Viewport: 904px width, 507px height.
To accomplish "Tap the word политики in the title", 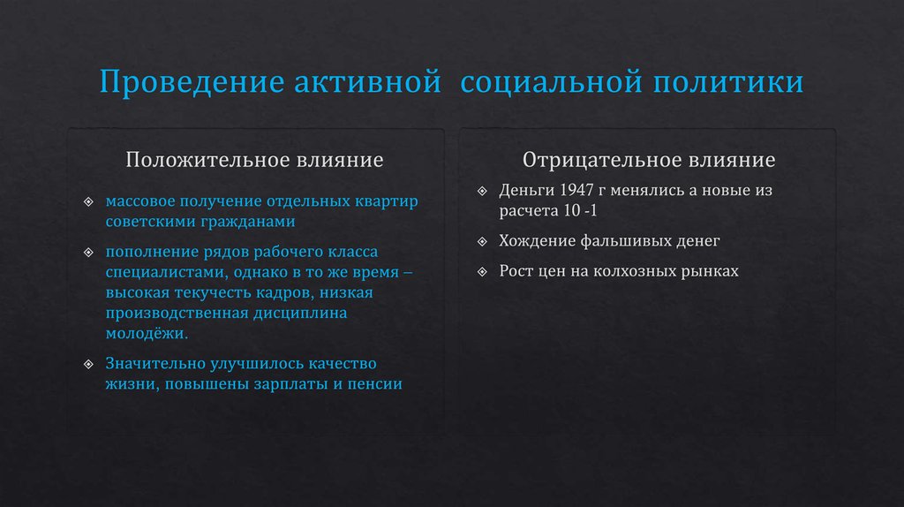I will click(728, 83).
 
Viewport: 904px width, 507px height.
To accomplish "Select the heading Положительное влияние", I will click(254, 161).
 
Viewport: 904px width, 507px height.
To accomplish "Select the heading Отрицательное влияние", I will click(649, 161).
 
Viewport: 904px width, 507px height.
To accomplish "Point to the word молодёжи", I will click(147, 334).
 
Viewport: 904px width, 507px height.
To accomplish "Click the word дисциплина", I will click(300, 314).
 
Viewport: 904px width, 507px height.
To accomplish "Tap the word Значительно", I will click(155, 364).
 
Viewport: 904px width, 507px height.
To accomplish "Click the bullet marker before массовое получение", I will click(89, 201).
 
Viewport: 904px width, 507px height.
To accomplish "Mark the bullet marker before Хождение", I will click(481, 240).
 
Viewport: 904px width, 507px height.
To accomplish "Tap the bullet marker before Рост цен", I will click(481, 271).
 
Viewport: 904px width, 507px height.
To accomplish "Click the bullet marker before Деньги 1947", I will click(481, 191).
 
